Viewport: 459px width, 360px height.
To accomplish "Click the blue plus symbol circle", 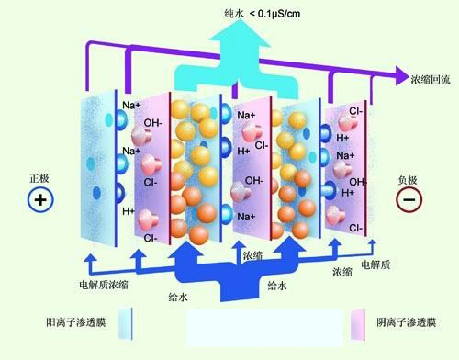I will click(x=40, y=199).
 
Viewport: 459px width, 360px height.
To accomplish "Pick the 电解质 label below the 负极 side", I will click(x=377, y=264).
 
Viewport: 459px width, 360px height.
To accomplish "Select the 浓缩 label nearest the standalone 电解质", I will click(x=342, y=273).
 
